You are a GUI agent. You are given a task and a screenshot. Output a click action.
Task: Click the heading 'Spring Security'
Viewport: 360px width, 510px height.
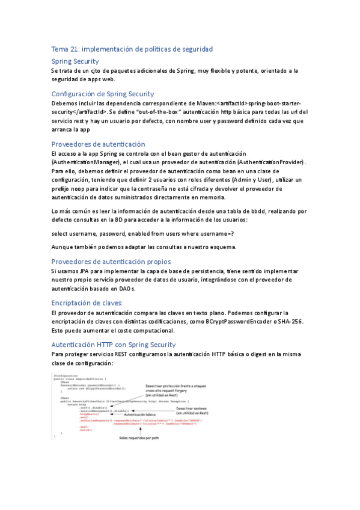click(75, 61)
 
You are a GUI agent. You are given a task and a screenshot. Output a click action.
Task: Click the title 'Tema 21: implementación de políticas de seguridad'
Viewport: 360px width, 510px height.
click(132, 49)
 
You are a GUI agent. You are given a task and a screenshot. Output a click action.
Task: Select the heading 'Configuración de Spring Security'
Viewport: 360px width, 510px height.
click(102, 94)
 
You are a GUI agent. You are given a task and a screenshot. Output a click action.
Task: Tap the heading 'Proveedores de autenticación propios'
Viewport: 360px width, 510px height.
click(111, 262)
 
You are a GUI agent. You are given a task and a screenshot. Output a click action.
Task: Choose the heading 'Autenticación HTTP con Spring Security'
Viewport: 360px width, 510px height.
click(114, 345)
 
